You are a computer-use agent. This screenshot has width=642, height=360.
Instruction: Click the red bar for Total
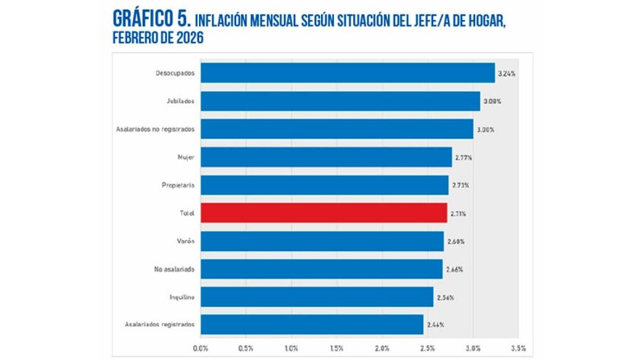324,213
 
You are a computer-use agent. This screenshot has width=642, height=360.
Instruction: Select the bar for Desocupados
347,73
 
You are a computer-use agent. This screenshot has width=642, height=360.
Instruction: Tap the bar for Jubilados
340,101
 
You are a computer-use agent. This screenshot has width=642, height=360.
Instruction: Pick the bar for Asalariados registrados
312,324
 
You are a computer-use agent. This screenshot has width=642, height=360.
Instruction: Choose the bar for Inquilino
317,297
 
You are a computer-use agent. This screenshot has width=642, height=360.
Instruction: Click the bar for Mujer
326,157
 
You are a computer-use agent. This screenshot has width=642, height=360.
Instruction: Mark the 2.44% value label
435,324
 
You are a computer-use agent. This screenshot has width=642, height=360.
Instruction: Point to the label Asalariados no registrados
155,129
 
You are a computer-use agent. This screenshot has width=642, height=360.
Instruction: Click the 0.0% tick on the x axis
201,349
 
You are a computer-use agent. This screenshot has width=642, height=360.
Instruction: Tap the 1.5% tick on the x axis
337,349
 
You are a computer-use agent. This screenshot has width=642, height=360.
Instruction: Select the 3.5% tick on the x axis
518,349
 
